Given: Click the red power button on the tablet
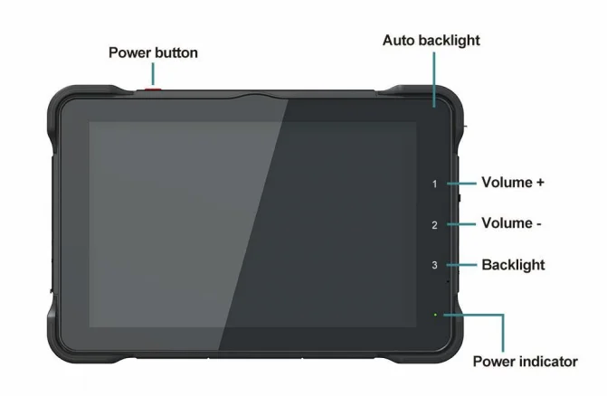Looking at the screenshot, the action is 153,90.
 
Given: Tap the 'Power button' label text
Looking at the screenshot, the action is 153,52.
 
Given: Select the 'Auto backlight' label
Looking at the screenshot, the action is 432,41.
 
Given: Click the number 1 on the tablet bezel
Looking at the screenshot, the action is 435,184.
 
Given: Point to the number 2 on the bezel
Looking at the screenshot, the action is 435,225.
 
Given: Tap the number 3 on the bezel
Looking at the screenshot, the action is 435,265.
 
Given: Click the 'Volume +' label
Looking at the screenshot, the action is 513,182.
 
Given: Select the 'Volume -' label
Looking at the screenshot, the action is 511,223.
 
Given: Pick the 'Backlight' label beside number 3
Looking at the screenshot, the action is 513,265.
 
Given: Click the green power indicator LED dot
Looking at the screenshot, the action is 435,315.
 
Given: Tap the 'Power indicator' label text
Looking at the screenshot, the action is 526,362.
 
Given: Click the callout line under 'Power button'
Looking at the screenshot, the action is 153,74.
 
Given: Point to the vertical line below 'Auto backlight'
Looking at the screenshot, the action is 434,80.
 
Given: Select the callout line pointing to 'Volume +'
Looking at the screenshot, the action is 461,184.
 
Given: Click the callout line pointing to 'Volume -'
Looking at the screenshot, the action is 461,224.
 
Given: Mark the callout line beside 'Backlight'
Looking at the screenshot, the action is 461,265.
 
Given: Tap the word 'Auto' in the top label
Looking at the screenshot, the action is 399,41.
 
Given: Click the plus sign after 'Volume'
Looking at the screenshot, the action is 540,183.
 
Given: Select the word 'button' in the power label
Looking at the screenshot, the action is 176,52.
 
